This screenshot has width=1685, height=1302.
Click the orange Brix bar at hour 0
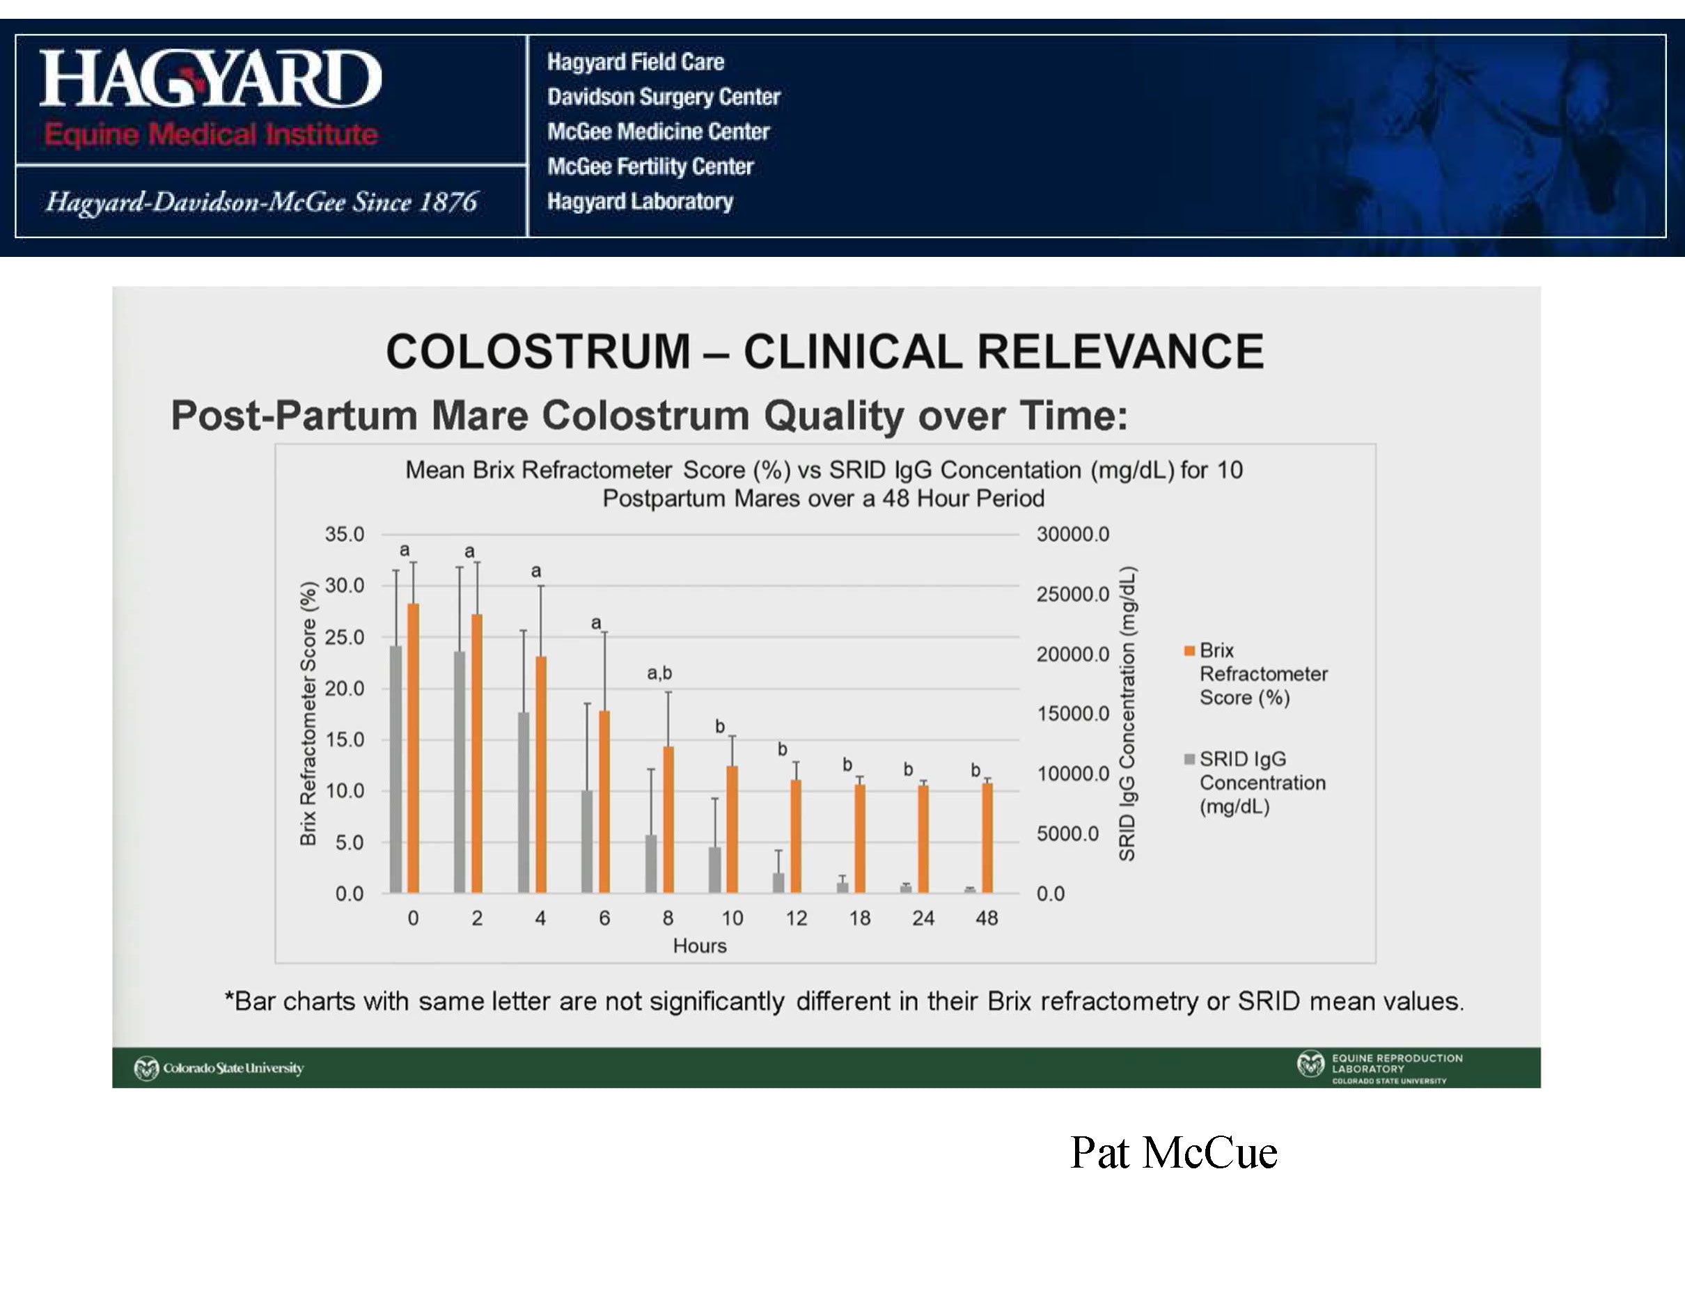(413, 748)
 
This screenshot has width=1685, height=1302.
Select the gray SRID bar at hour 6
(587, 842)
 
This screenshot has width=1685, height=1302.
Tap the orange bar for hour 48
(987, 838)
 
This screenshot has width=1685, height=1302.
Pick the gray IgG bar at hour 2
(460, 772)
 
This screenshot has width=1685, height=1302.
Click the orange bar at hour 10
(732, 829)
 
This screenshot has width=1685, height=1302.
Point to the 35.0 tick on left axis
(344, 534)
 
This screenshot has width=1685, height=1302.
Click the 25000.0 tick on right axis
(1073, 594)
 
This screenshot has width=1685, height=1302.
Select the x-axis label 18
(859, 918)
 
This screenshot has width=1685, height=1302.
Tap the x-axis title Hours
(700, 946)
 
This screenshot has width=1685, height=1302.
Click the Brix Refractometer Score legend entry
(1257, 674)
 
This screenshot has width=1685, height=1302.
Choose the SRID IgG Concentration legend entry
(1255, 783)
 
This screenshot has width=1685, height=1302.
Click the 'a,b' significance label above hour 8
(659, 673)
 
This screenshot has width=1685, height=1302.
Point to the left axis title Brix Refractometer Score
(308, 714)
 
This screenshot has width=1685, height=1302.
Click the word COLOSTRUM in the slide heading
(538, 352)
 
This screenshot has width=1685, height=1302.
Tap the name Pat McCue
(1173, 1153)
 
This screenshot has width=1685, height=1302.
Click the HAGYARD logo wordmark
(210, 79)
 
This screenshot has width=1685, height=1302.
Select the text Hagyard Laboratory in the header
(641, 201)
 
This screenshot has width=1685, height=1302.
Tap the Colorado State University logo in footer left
(219, 1068)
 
